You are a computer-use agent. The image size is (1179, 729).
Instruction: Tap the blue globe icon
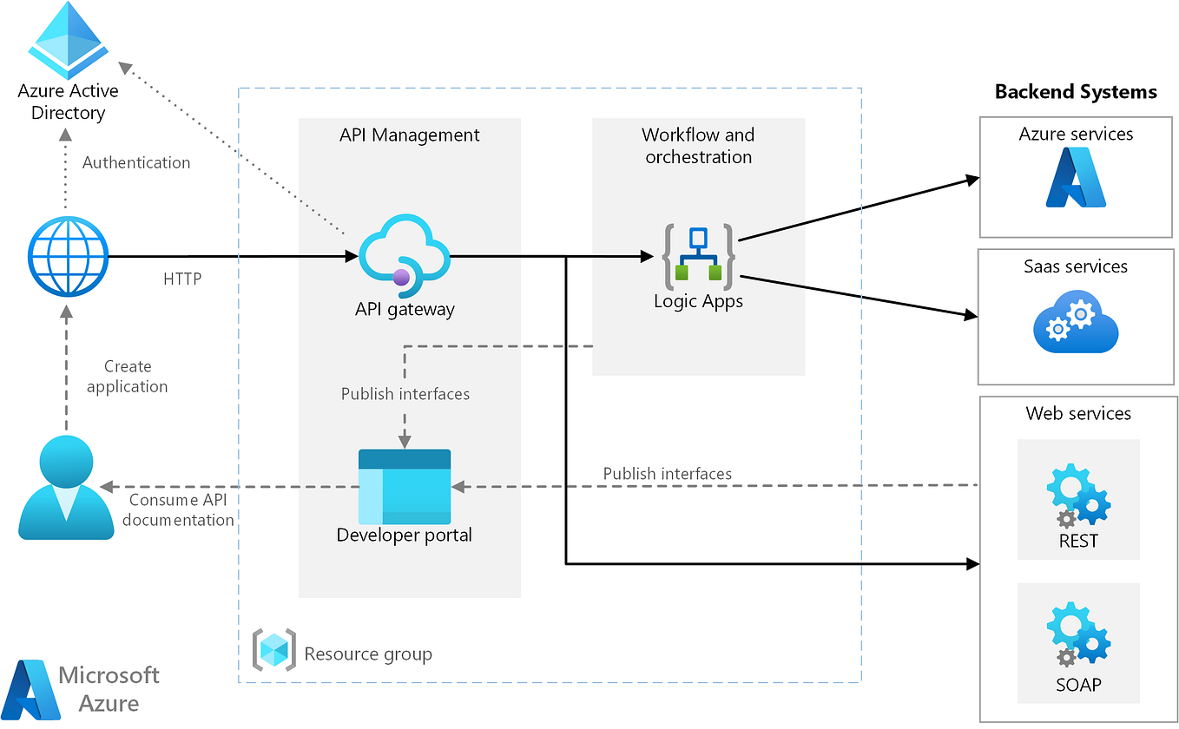[x=67, y=257]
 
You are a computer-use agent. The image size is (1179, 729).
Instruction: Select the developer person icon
[x=66, y=485]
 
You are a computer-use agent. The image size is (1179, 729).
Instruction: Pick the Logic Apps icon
[x=699, y=257]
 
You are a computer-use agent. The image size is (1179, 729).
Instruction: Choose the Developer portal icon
[x=405, y=486]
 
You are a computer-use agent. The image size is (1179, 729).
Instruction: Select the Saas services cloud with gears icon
[x=1076, y=319]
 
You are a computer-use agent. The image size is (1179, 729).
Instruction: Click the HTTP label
[x=182, y=279]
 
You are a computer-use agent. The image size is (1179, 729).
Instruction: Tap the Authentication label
[x=136, y=162]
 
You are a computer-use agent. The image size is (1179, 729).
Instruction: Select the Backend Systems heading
[x=1076, y=91]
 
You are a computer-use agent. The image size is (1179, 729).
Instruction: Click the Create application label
[x=128, y=377]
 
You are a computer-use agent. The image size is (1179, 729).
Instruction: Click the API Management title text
[x=410, y=135]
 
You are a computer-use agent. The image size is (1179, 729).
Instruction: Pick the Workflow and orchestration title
[x=698, y=146]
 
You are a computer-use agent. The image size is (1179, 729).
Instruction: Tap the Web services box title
[x=1078, y=413]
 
